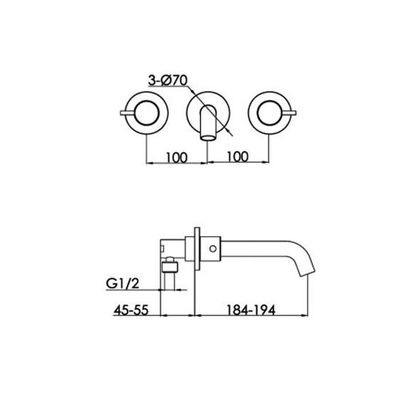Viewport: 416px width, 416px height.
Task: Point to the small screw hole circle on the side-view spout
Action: [x=212, y=249]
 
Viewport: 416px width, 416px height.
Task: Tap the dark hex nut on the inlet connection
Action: [x=170, y=268]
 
